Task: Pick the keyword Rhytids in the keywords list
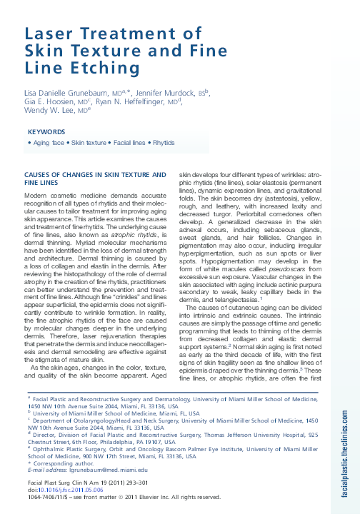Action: point(164,143)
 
